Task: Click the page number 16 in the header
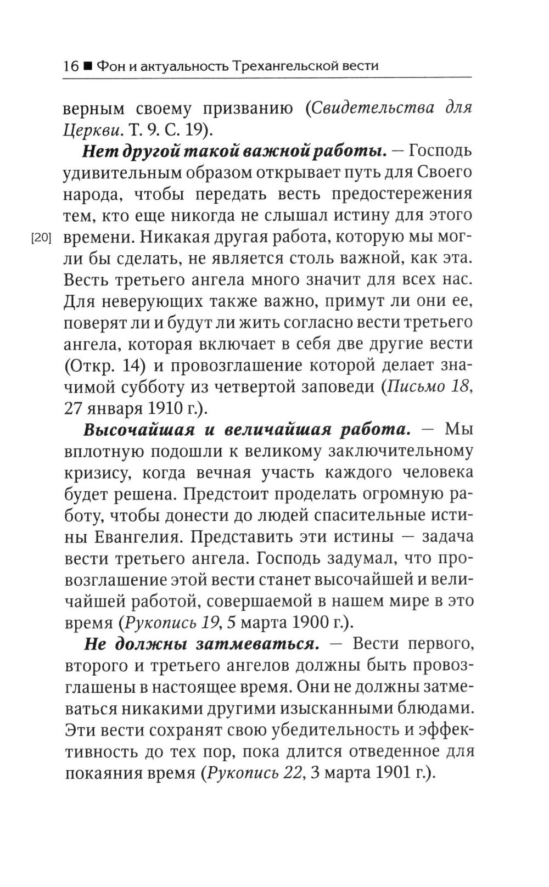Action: tap(70, 66)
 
